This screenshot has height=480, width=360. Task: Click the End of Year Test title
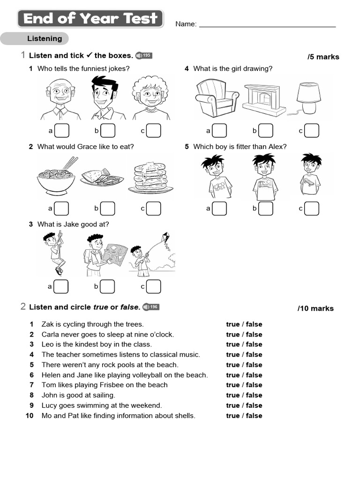pyautogui.click(x=90, y=19)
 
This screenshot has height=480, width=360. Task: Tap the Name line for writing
pyautogui.click(x=267, y=26)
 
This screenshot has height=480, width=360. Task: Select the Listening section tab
pyautogui.click(x=45, y=38)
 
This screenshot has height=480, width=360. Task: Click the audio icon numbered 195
pyautogui.click(x=143, y=56)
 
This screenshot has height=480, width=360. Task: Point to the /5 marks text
pyautogui.click(x=323, y=57)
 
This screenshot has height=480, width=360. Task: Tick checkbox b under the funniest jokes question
pyautogui.click(x=108, y=130)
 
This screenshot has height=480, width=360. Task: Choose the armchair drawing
pyautogui.click(x=216, y=97)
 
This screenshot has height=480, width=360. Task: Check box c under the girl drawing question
pyautogui.click(x=312, y=130)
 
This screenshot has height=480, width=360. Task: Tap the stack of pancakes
pyautogui.click(x=150, y=177)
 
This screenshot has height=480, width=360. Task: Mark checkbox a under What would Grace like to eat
pyautogui.click(x=61, y=208)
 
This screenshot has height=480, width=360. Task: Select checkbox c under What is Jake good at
pyautogui.click(x=153, y=286)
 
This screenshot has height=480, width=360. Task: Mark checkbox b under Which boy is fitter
pyautogui.click(x=265, y=208)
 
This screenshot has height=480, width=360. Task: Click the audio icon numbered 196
pyautogui.click(x=151, y=307)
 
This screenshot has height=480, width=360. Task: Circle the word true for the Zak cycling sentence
pyautogui.click(x=232, y=324)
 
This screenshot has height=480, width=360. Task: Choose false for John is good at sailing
pyautogui.click(x=254, y=395)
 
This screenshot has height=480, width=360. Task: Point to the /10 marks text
pyautogui.click(x=315, y=308)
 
